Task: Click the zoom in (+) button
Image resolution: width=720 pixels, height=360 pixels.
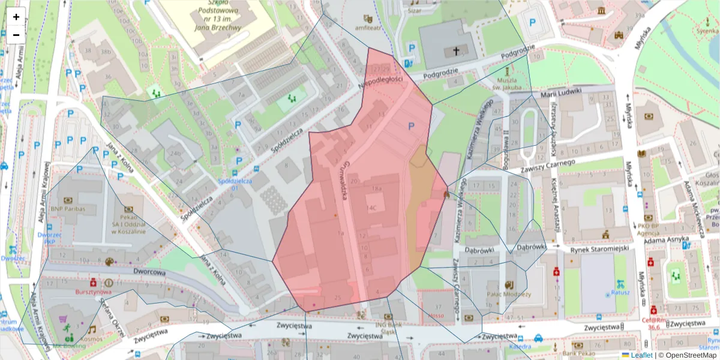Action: (x=16, y=17)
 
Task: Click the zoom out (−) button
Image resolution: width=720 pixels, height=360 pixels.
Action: (x=16, y=34)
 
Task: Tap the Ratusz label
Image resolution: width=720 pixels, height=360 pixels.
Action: (x=620, y=292)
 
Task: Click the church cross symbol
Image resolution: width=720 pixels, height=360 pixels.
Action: (x=455, y=52)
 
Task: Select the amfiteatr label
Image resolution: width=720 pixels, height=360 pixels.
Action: (x=367, y=28)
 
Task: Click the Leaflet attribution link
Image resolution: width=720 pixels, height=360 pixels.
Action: (x=641, y=355)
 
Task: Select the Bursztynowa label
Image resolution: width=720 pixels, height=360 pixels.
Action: (x=93, y=292)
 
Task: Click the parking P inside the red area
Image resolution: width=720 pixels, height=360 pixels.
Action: (x=411, y=126)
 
